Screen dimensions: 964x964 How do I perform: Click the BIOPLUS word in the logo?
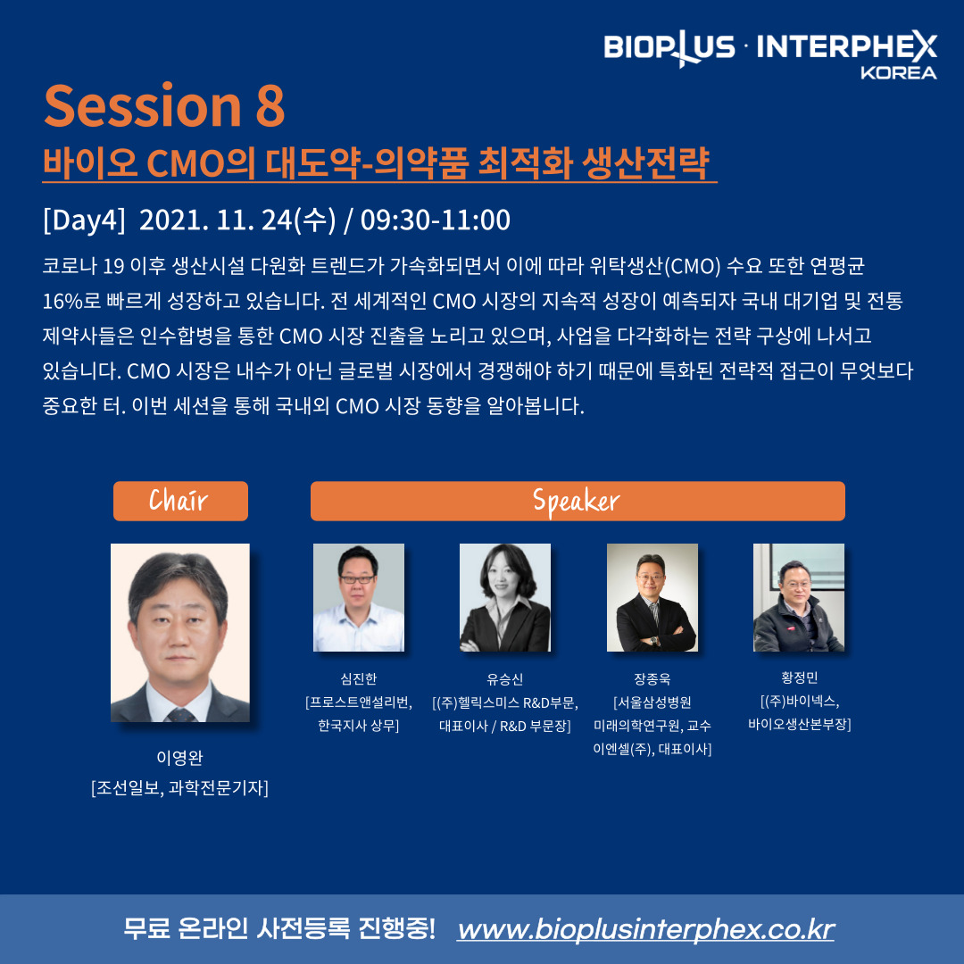669,47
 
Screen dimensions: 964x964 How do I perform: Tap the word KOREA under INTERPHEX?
898,72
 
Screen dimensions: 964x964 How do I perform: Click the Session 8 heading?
164,105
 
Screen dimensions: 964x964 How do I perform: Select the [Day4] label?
84,220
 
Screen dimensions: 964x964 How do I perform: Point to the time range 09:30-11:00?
436,220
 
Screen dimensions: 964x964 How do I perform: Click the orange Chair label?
180,501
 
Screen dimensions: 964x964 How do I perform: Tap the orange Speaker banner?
578,501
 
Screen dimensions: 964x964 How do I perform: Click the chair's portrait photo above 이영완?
180,633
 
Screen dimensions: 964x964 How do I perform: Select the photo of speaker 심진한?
359,597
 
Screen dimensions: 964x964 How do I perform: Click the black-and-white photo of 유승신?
504,597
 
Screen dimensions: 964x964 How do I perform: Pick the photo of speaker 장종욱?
652,597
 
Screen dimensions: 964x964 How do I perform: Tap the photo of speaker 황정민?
799,597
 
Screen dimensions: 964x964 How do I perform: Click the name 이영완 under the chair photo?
179,758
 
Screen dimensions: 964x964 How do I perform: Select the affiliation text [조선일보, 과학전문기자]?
179,787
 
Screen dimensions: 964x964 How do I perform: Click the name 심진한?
359,678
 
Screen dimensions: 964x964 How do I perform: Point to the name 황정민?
799,677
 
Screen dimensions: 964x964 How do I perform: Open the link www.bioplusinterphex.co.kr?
645,929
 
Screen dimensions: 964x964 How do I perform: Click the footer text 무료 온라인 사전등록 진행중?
279,928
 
